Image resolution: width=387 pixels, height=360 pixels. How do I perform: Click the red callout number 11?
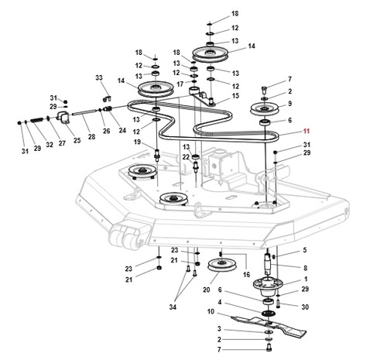click(306, 131)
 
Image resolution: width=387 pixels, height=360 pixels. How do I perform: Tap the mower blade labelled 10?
click(269, 326)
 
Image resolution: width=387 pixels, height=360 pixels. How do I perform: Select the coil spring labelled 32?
click(38, 120)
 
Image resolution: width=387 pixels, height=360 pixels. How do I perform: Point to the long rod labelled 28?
click(85, 112)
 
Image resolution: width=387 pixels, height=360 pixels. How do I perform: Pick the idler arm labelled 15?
click(202, 96)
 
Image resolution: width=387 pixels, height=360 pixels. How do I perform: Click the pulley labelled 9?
click(264, 109)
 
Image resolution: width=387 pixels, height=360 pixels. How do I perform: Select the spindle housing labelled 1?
click(267, 286)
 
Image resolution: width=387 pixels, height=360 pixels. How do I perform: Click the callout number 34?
click(173, 307)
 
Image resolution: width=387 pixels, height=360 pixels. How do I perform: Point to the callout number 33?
click(99, 77)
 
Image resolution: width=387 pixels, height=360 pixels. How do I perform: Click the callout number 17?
click(180, 84)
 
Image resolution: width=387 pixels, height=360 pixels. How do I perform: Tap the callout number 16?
click(246, 274)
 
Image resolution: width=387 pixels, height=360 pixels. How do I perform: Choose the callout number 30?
click(305, 307)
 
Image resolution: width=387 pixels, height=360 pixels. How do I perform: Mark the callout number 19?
click(137, 142)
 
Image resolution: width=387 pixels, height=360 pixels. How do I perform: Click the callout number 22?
click(186, 157)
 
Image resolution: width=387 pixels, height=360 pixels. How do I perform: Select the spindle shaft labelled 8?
click(268, 264)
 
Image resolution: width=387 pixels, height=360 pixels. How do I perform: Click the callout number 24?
click(122, 130)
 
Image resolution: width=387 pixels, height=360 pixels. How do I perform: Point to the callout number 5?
click(305, 250)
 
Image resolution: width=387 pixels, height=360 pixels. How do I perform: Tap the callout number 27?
click(62, 142)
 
